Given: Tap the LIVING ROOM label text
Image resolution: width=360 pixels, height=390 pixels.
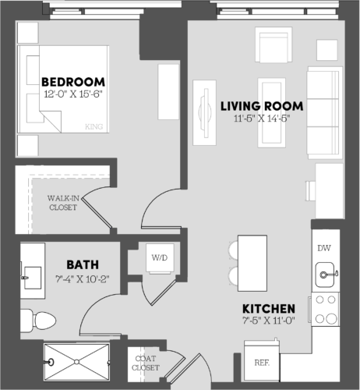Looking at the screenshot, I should (x=262, y=106).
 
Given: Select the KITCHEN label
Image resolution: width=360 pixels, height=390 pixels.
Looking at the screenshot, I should (x=268, y=308).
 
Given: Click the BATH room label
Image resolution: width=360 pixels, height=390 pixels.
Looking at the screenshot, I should (x=82, y=264).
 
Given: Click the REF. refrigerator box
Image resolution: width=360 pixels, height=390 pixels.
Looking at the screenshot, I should (x=261, y=363).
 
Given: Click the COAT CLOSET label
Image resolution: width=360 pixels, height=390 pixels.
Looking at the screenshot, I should (x=146, y=363).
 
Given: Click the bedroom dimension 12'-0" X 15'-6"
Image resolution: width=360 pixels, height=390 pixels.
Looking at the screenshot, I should (x=73, y=95).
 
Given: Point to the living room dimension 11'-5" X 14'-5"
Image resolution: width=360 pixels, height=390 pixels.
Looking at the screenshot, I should (x=262, y=119).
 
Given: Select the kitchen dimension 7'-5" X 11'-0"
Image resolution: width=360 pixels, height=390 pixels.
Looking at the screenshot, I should (x=268, y=321).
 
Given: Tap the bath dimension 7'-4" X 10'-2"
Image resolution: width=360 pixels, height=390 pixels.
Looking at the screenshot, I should (x=82, y=277).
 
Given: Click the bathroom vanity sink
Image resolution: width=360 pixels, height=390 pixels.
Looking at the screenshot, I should (x=32, y=274).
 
